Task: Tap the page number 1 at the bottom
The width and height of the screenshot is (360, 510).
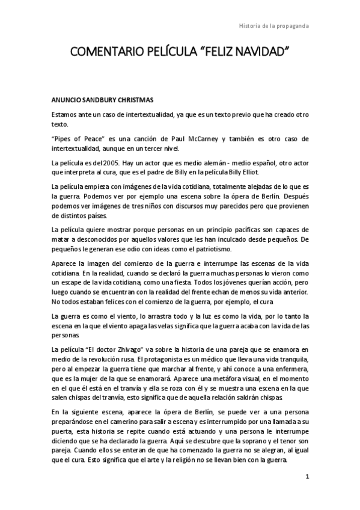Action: pos(307,477)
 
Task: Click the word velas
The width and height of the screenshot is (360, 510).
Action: pos(142,325)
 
